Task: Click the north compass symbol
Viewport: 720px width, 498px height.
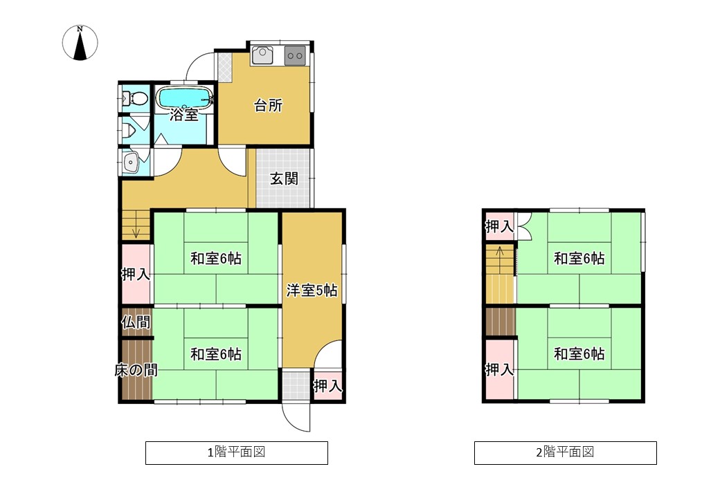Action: pyautogui.click(x=80, y=43)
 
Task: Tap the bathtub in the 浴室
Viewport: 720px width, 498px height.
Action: pyautogui.click(x=184, y=98)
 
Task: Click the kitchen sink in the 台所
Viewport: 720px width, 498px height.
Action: pyautogui.click(x=262, y=55)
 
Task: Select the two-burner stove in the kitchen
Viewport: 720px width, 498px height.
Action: pyautogui.click(x=295, y=55)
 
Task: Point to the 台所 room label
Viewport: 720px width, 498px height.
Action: pyautogui.click(x=268, y=105)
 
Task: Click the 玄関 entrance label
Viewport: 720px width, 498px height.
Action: pyautogui.click(x=284, y=178)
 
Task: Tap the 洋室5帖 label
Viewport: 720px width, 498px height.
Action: pyautogui.click(x=312, y=290)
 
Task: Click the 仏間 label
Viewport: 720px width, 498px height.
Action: pyautogui.click(x=136, y=322)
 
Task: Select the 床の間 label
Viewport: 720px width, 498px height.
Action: pyautogui.click(x=136, y=369)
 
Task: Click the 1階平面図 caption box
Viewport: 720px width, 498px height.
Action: pyautogui.click(x=237, y=452)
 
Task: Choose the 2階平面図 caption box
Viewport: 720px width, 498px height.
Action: pyautogui.click(x=565, y=452)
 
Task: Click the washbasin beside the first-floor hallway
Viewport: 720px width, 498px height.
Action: pyautogui.click(x=131, y=162)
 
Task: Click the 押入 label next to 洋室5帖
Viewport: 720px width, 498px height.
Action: pyautogui.click(x=328, y=386)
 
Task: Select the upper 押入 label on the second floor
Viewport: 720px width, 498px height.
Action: pyautogui.click(x=500, y=226)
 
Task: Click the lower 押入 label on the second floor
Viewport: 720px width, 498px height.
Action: pyautogui.click(x=500, y=369)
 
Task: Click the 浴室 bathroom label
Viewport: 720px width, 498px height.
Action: pyautogui.click(x=183, y=115)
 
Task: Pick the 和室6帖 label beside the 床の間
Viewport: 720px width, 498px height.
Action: pyautogui.click(x=216, y=354)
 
